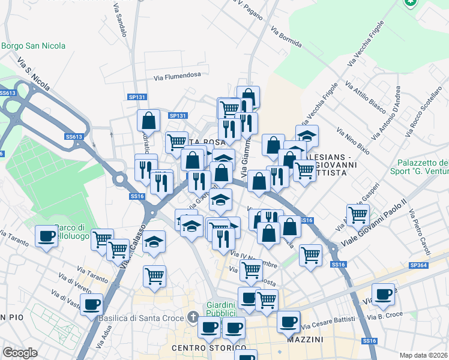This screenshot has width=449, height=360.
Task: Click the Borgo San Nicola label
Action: coord(34,46)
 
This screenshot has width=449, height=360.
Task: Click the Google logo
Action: coord(20,353)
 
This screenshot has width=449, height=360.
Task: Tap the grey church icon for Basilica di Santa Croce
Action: coord(193,316)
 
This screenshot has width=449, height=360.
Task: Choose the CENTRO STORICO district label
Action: coord(208,348)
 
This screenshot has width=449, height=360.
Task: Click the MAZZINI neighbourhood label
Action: coord(306,340)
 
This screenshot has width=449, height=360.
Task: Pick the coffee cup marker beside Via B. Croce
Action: coord(383,293)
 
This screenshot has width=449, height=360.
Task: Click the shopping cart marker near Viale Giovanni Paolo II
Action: coord(358,214)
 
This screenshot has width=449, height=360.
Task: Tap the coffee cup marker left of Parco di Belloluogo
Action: coord(46,235)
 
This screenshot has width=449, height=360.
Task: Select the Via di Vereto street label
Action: coord(71,286)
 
